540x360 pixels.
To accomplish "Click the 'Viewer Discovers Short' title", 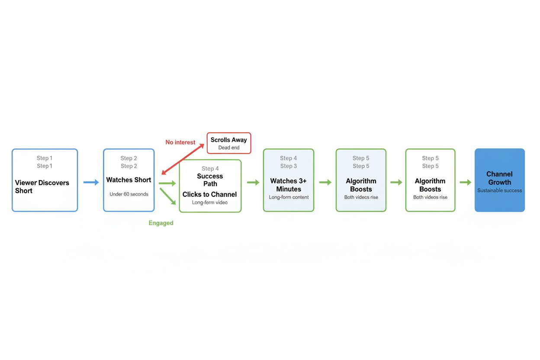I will tap(42, 186).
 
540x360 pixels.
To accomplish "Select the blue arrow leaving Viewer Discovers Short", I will tap(91, 183).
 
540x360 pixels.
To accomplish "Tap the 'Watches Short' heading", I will tap(129, 180).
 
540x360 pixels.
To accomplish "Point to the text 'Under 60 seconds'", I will tap(129, 194).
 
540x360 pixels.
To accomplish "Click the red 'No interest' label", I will tap(180, 142).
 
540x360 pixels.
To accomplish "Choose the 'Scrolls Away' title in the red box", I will tap(228, 140).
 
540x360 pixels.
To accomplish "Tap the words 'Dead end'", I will tap(228, 148).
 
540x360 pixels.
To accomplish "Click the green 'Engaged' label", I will tap(161, 223).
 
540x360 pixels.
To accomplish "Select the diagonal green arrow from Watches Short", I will tap(168, 196).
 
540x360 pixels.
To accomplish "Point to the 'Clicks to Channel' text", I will tap(209, 194).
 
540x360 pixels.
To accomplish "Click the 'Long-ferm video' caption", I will tap(210, 202).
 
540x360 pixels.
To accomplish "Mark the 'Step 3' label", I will tap(289, 166).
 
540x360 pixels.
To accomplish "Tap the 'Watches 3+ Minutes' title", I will tap(289, 185).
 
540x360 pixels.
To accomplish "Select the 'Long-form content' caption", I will tap(289, 197).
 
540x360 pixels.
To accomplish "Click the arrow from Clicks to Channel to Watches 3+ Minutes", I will tap(253, 183).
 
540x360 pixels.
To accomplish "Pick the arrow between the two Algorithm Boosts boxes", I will tap(396, 183).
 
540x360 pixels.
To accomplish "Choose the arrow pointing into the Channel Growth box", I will tap(465, 183).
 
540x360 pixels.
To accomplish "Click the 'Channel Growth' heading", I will tap(499, 178).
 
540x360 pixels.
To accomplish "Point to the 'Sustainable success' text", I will tap(499, 190).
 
